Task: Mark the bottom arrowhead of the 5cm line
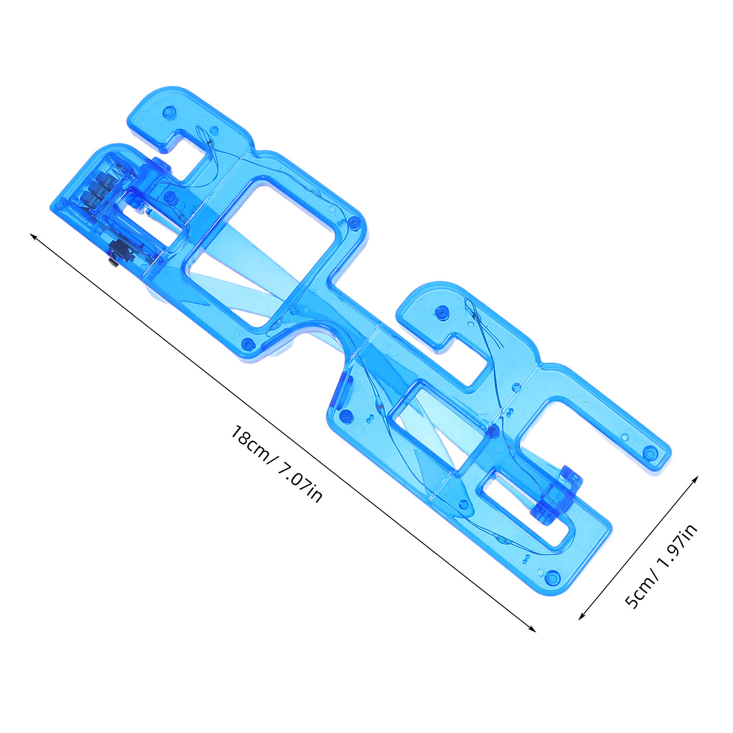tap(582, 617)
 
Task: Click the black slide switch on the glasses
tap(118, 252)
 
